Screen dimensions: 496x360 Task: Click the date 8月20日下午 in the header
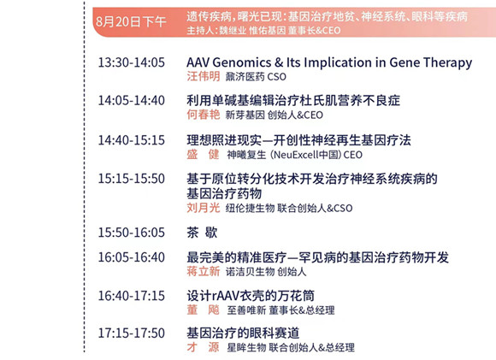(x=131, y=22)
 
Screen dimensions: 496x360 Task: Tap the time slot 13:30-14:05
(x=132, y=62)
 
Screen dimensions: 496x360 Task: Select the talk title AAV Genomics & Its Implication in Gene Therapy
(x=329, y=62)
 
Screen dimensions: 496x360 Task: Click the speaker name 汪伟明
(x=203, y=76)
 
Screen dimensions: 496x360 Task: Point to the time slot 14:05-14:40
(x=132, y=101)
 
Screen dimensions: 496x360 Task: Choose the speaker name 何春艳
(x=203, y=115)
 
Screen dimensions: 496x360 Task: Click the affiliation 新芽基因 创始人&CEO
(x=275, y=115)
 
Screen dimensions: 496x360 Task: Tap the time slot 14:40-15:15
(x=132, y=140)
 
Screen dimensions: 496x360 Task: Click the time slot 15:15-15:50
(x=132, y=179)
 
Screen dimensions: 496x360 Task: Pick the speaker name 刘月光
(x=203, y=208)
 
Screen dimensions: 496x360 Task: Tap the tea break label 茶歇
(x=202, y=233)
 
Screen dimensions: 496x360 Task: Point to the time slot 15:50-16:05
(x=132, y=233)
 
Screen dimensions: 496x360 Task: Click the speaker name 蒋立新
(x=203, y=271)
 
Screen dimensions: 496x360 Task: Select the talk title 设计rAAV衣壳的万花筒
(x=251, y=296)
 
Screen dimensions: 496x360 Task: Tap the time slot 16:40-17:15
(x=132, y=296)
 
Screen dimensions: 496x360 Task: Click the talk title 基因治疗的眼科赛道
(x=243, y=333)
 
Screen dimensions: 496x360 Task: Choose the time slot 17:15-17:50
(x=132, y=333)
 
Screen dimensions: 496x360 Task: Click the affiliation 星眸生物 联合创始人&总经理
(x=291, y=348)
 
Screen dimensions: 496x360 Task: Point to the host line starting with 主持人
(x=263, y=31)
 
